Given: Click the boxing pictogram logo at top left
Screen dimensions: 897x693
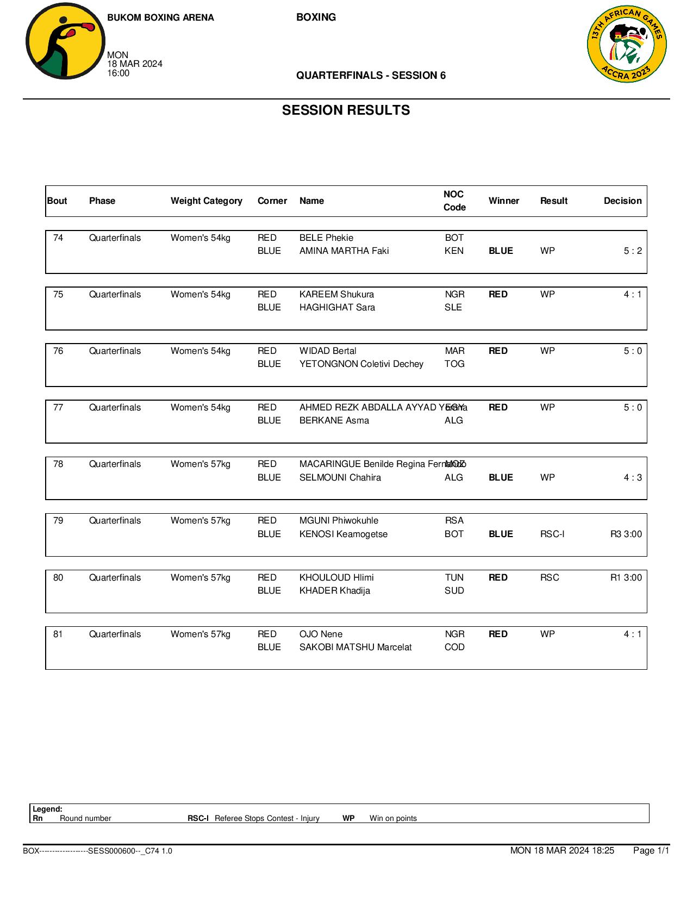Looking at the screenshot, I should (65, 42).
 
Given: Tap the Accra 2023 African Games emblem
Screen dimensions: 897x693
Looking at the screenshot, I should (627, 45).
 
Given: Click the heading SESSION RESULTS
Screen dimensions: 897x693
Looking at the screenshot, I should (346, 110).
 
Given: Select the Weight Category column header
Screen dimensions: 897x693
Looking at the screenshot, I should (206, 201).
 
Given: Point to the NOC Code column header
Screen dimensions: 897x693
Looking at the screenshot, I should (454, 201).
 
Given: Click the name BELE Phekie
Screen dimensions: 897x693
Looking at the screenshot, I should (326, 238).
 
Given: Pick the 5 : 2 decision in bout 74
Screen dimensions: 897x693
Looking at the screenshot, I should (632, 251).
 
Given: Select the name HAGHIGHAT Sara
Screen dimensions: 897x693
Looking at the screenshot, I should (337, 308).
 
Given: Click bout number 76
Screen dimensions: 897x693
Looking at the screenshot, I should (58, 351).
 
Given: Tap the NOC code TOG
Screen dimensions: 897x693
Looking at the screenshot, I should (454, 364).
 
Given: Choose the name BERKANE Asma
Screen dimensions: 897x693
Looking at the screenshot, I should (334, 421).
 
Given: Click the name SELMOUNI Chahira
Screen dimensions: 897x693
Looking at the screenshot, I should (340, 478).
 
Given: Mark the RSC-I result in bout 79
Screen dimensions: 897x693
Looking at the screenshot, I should (552, 534).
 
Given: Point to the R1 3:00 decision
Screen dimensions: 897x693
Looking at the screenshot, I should (626, 578).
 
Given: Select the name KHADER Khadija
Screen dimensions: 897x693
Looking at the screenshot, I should (334, 591).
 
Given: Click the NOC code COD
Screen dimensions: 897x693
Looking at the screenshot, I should (454, 647).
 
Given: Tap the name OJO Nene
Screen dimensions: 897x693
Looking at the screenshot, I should (321, 634).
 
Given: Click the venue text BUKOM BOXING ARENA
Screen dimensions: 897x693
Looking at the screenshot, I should (160, 18).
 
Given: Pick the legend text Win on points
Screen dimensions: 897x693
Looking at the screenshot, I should (393, 819).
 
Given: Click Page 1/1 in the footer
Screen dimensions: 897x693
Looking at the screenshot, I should (651, 851).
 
